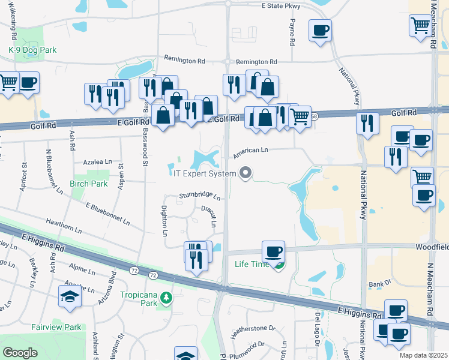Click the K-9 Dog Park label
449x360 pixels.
pos(32,50)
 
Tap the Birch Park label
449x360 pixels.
pos(88,184)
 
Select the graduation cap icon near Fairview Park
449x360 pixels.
pos(70,296)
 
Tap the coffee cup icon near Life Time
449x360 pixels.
pos(273,251)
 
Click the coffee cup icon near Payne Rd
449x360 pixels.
pos(320,30)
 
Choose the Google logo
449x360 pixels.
pos(20,353)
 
